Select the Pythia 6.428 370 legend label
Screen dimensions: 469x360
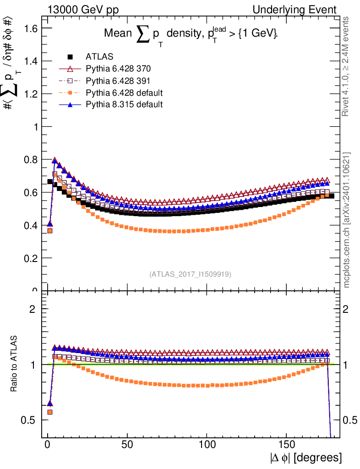tap(118, 69)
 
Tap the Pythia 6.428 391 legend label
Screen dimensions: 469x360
tap(118, 81)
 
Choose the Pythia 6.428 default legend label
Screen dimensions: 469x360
tap(124, 93)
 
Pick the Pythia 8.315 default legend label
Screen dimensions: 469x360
tap(124, 104)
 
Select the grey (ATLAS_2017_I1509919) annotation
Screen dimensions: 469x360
tap(190, 274)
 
